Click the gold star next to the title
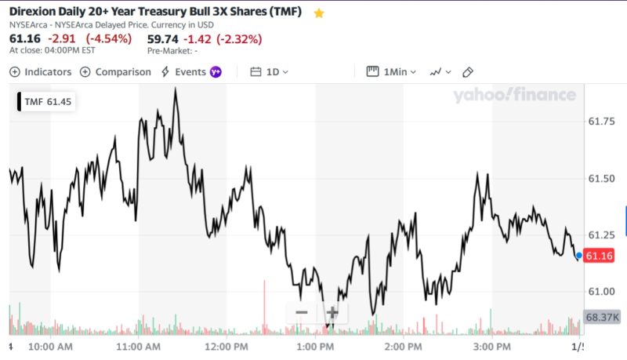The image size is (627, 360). (318, 13)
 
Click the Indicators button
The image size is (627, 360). (40, 71)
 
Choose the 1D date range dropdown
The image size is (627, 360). (270, 71)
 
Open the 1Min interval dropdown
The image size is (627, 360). (391, 71)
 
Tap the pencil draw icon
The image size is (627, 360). (468, 72)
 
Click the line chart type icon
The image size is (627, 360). (439, 72)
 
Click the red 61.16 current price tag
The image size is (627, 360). (599, 256)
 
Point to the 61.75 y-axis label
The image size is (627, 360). (600, 121)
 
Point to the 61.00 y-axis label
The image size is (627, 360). (600, 291)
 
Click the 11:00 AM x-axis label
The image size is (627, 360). (138, 346)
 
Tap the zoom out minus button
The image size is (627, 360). (302, 312)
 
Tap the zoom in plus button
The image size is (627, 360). (332, 312)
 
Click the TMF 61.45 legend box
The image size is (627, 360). (47, 102)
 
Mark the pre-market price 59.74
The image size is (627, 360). (162, 38)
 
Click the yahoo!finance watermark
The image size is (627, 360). (513, 96)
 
